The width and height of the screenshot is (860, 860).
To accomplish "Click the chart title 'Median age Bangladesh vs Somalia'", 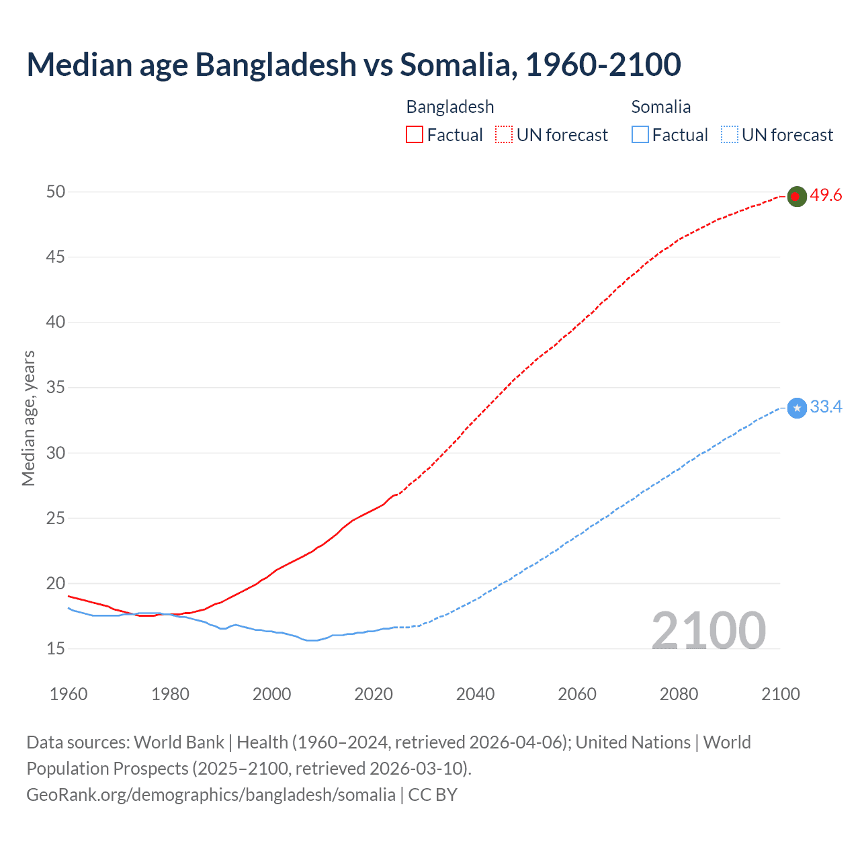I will coord(353,64).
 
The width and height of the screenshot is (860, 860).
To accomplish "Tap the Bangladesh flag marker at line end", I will coord(796,196).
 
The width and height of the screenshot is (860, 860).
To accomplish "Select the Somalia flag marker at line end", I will coord(796,408).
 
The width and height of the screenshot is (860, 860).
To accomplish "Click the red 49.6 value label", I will coord(826,196).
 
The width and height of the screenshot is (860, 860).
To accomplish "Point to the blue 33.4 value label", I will coord(826,407).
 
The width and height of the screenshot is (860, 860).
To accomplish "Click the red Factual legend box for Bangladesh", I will coord(415,135).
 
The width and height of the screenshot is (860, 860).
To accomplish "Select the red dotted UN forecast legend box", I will coord(504,135).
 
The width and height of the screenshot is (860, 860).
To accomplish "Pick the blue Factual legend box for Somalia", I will coord(640,135).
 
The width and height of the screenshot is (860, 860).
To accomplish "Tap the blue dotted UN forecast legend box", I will coord(729,135).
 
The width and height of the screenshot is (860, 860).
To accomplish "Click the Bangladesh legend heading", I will coord(450,107).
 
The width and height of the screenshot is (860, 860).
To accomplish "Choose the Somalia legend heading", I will coord(661,107).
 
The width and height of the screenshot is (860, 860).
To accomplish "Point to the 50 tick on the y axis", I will coord(56,192).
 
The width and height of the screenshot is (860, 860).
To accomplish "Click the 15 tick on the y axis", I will coord(56,649).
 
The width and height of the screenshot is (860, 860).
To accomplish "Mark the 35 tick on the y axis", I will coord(56,388).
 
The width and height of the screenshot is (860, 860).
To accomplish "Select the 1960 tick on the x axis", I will coord(69,694).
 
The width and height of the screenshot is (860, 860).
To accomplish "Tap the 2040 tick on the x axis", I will coord(475,694).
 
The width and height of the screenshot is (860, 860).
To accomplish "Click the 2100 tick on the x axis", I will coord(780,694).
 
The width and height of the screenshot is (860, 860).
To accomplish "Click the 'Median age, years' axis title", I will coord(28,418).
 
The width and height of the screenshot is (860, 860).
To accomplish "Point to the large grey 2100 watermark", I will coord(708,631).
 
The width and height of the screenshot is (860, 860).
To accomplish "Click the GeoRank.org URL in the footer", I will coord(211,795).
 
